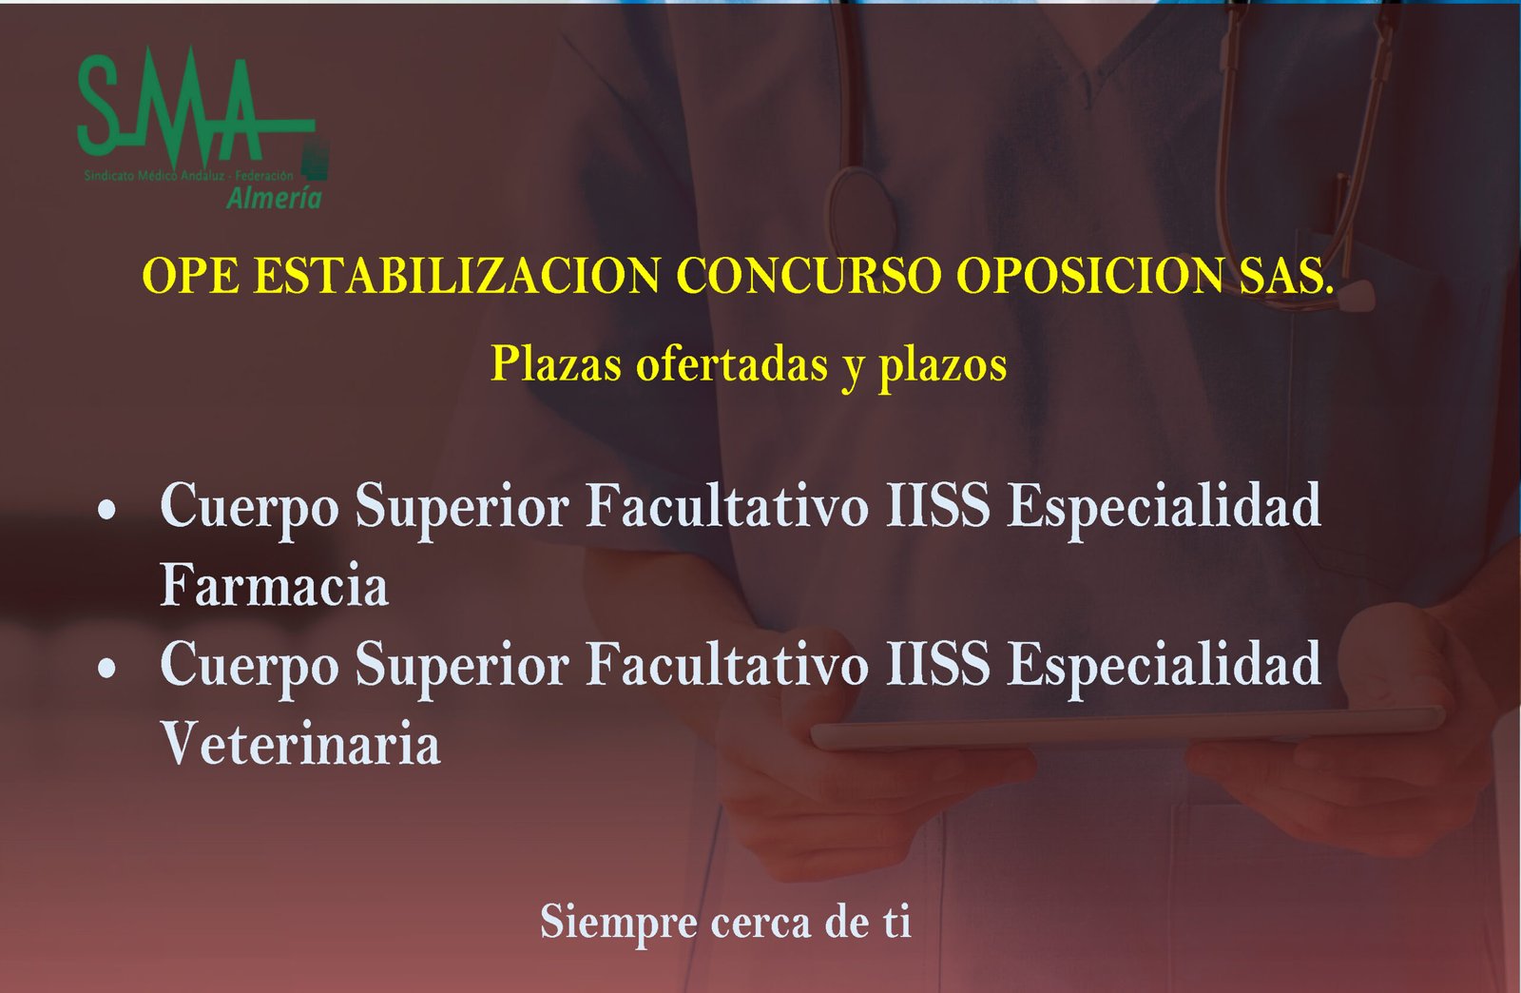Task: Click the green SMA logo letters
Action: [x=171, y=105]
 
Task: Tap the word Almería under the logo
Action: [x=274, y=198]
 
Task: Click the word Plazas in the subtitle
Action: [x=556, y=364]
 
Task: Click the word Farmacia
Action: [x=274, y=585]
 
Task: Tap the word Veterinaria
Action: [x=300, y=744]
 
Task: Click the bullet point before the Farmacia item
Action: [x=107, y=510]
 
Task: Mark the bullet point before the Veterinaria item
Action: [x=107, y=669]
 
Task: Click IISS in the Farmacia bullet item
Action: [x=937, y=505]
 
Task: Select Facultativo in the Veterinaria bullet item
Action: [x=727, y=664]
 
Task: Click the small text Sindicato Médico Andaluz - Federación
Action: [x=188, y=176]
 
